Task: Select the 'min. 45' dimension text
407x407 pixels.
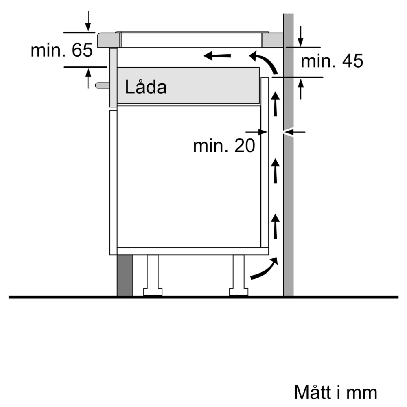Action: click(x=331, y=61)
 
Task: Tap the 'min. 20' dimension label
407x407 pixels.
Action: click(x=224, y=146)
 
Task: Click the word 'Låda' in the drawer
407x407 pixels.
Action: click(x=146, y=87)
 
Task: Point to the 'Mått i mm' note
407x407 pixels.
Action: click(x=335, y=393)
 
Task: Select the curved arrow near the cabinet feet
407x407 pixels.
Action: click(x=264, y=269)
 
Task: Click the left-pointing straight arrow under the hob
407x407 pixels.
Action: click(x=217, y=56)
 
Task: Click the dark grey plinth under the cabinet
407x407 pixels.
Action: click(x=125, y=276)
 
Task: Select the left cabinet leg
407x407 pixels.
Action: click(x=153, y=275)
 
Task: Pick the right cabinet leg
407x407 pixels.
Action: click(x=238, y=275)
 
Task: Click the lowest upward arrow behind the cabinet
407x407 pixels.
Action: click(x=276, y=226)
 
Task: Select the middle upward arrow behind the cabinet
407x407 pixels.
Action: click(x=276, y=171)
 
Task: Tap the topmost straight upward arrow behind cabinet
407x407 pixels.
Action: click(x=276, y=103)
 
